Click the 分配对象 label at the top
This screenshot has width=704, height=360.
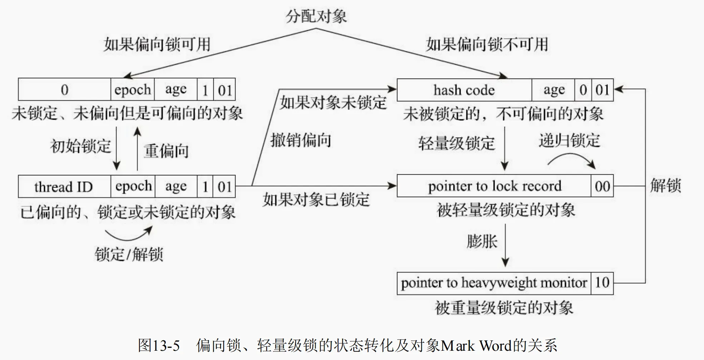[x=316, y=16]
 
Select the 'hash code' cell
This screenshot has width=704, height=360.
[x=464, y=90]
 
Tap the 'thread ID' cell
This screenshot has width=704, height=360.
[x=64, y=186]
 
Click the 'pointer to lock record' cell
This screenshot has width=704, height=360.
[x=494, y=186]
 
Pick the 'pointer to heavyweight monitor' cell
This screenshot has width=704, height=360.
[x=494, y=283]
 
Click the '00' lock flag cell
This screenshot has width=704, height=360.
[x=602, y=186]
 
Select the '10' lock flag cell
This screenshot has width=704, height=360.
[x=602, y=283]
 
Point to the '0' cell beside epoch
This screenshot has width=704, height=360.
[x=64, y=89]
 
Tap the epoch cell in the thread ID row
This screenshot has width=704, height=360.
[x=133, y=186]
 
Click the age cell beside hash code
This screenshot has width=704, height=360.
[x=554, y=90]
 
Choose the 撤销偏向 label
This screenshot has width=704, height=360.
[x=301, y=140]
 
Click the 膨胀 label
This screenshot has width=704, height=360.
[x=482, y=241]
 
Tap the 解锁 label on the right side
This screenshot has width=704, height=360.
[x=665, y=186]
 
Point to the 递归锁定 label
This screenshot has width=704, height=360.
[x=569, y=140]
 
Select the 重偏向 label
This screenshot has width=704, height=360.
[x=166, y=151]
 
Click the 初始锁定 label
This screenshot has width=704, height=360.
[x=81, y=146]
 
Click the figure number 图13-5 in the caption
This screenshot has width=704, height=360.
[x=159, y=345]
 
